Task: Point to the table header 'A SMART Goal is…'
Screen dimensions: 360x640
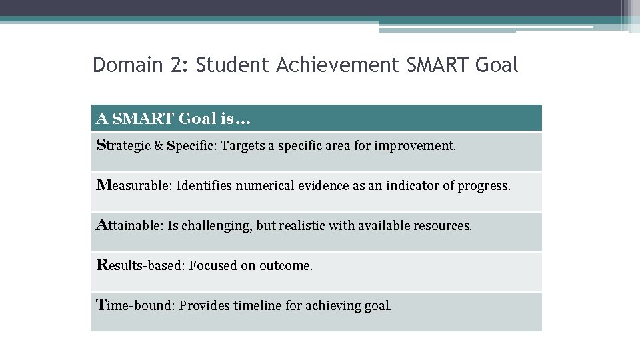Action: coord(173,119)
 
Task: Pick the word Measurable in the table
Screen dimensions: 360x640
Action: coord(133,186)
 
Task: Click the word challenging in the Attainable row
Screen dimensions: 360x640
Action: coord(218,226)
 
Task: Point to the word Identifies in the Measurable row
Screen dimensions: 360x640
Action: coord(199,186)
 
